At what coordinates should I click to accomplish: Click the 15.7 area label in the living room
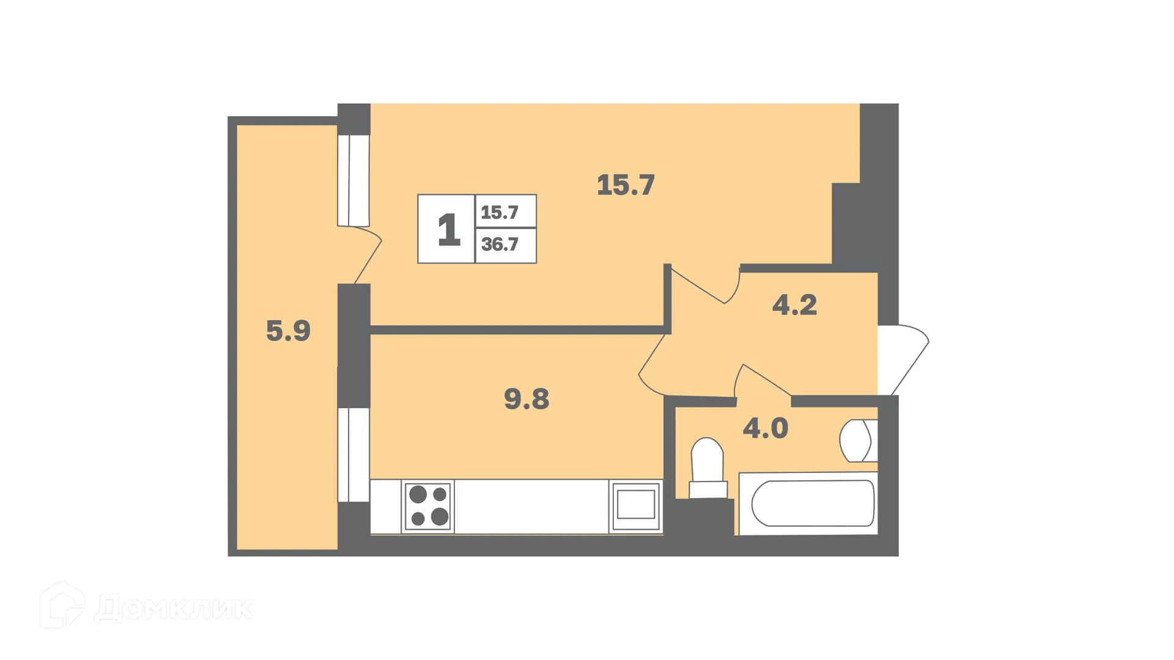626,185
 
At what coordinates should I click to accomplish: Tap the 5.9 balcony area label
288,331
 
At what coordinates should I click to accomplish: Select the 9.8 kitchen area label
526,399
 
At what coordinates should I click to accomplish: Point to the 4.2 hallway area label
794,305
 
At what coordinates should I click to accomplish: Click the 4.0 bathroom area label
765,428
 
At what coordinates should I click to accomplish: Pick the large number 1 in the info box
448,230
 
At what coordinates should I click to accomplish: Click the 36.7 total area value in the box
500,244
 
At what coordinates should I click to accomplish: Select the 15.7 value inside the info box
500,213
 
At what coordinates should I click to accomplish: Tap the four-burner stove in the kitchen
428,506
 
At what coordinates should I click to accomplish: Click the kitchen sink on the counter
636,506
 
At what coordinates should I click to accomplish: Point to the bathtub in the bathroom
812,504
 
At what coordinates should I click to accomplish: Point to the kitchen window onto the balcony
353,455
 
